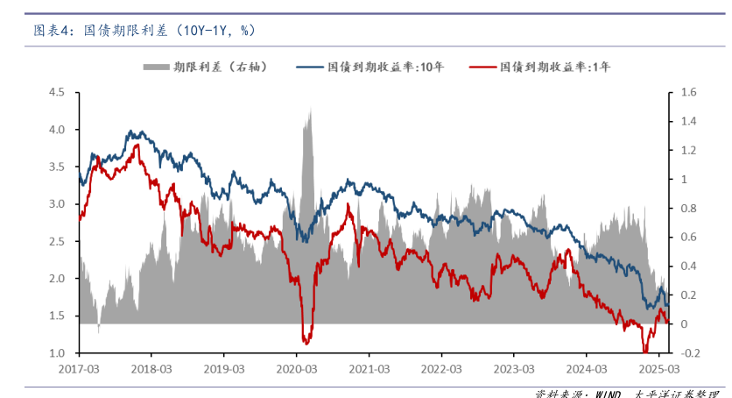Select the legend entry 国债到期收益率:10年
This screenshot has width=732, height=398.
[386, 67]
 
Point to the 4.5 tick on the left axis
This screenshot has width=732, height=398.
[57, 92]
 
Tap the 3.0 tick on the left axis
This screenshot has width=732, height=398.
[57, 203]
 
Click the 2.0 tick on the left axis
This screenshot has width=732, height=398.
[57, 278]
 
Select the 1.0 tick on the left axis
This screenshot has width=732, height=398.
[57, 352]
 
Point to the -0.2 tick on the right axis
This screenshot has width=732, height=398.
[687, 352]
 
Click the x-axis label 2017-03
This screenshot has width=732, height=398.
[79, 368]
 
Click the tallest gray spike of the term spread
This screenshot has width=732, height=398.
[310, 110]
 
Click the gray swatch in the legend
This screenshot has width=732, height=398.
[155, 67]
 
